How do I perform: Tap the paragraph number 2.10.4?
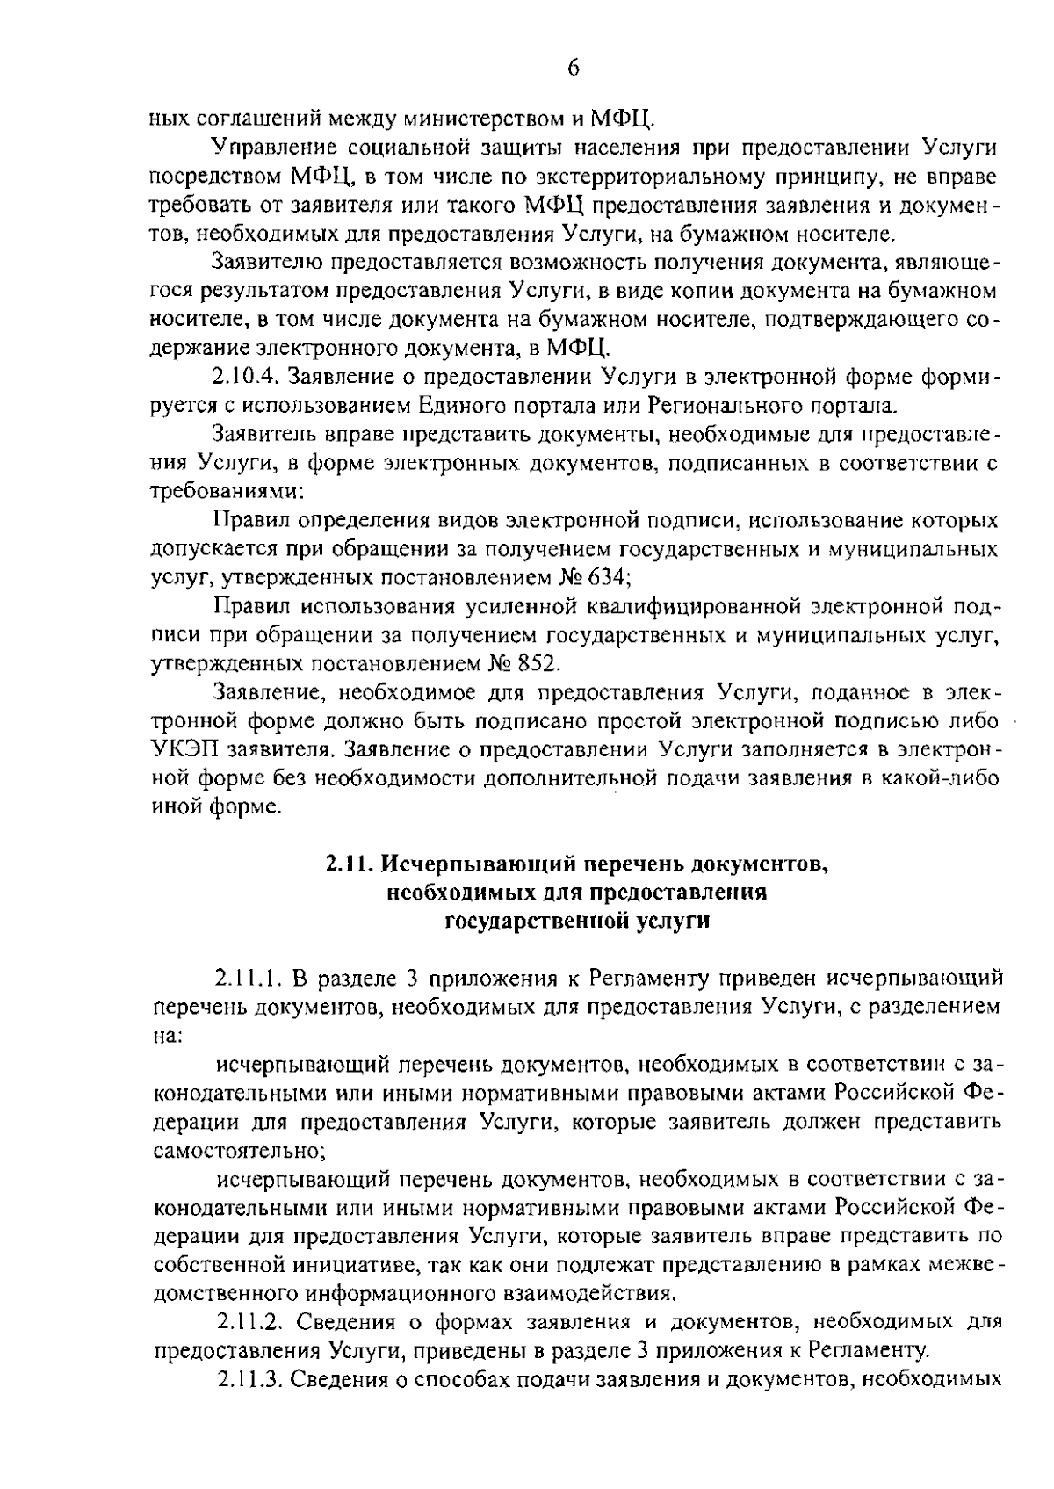244,377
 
